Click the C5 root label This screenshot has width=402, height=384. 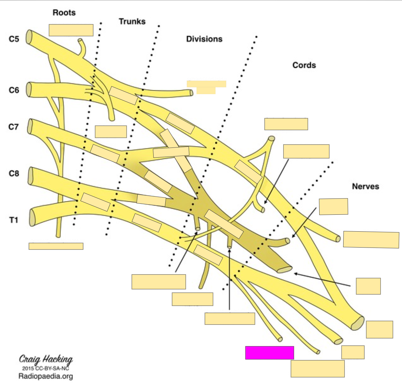point(14,39)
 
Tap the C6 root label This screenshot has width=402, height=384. point(14,90)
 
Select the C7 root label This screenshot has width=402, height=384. point(14,127)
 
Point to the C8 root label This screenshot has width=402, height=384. point(14,173)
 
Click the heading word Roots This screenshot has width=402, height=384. point(64,13)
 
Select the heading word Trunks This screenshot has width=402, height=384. point(132,21)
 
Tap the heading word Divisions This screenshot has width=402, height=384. point(204,39)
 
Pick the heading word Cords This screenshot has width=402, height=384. point(304,65)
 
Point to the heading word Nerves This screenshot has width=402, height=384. point(365,186)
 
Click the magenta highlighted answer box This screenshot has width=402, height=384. point(270,353)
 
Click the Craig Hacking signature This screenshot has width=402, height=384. point(46,359)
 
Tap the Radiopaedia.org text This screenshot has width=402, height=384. point(45,376)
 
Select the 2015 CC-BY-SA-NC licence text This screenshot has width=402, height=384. point(45,368)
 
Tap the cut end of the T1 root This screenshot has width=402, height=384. point(32,217)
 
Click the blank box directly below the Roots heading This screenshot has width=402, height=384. point(71,30)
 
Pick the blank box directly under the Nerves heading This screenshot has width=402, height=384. point(333,207)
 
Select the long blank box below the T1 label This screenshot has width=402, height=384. point(56,246)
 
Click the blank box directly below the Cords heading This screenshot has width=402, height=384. point(286,124)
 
